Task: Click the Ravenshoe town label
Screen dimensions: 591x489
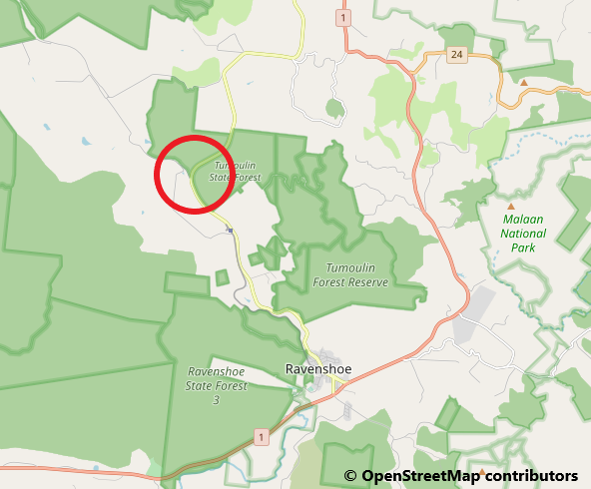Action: (317, 369)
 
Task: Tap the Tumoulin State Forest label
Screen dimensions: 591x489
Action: (235, 172)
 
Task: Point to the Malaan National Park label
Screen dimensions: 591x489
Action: (523, 234)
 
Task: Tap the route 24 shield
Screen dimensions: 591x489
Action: (456, 54)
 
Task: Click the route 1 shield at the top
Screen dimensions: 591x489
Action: (343, 18)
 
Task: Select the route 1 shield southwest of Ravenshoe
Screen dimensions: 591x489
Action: (261, 437)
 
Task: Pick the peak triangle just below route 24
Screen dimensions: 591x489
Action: (524, 82)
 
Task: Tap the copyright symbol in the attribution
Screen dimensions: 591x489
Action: (350, 476)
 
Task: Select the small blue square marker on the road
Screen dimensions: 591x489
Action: (230, 231)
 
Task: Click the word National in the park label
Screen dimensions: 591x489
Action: (523, 234)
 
